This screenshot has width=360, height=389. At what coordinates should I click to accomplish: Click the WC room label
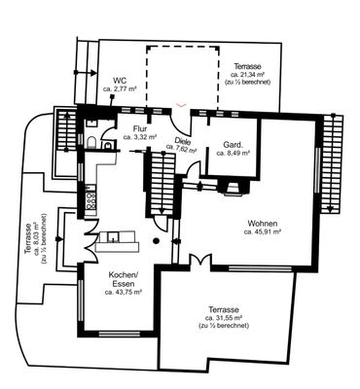120,81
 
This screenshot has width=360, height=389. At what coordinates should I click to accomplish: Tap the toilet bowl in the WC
91,142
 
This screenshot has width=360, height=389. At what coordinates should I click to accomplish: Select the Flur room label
140,129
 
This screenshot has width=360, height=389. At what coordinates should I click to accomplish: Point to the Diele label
183,141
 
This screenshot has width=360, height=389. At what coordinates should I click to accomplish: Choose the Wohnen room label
263,224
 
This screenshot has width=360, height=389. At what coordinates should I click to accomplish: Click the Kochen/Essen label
124,280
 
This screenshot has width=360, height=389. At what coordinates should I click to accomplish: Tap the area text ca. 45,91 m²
263,232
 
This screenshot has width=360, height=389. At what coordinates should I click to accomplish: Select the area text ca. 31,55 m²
224,318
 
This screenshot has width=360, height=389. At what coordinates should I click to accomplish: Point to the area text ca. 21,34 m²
248,75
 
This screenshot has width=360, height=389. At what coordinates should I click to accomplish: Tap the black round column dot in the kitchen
156,240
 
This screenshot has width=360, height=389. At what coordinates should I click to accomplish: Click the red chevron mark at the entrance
181,105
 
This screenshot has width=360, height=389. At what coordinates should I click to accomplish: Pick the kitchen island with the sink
118,241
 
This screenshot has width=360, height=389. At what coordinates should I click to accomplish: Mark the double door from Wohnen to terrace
200,261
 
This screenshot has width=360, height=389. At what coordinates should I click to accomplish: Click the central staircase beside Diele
162,183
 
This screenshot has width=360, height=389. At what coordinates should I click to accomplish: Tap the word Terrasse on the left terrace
28,238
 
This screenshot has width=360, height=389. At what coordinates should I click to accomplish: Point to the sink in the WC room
91,124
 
